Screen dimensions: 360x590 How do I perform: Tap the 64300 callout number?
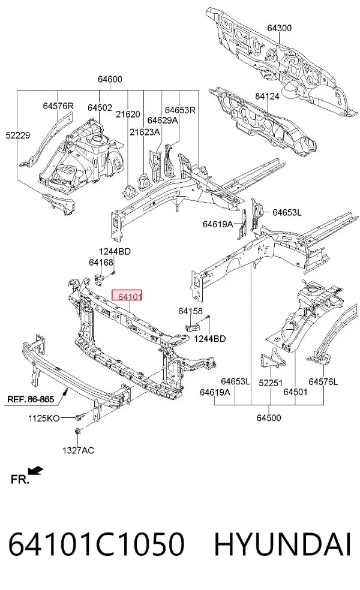point(280,28)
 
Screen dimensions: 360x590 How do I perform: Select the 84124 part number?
point(267,97)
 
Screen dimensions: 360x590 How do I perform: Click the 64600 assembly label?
point(110,79)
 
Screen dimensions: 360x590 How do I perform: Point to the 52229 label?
point(17,136)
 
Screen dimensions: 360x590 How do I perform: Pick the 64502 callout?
point(100,107)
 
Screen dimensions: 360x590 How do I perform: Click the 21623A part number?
point(145,132)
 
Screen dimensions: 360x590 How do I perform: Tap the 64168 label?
point(101,262)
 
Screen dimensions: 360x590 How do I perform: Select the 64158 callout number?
point(190,311)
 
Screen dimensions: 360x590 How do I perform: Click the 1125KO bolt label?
point(44,418)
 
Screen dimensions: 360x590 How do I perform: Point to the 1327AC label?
point(79,450)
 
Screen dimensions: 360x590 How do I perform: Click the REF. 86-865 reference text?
point(31,399)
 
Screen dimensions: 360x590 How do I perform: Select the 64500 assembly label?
point(269,418)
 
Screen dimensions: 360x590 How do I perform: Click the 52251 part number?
point(271,383)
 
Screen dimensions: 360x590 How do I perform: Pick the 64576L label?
point(323,382)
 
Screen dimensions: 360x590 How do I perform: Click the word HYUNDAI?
point(283,544)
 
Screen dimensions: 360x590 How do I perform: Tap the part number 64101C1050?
point(97,544)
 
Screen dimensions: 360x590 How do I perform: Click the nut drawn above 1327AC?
point(77,431)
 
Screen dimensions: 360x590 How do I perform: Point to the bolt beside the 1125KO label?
point(80,417)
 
